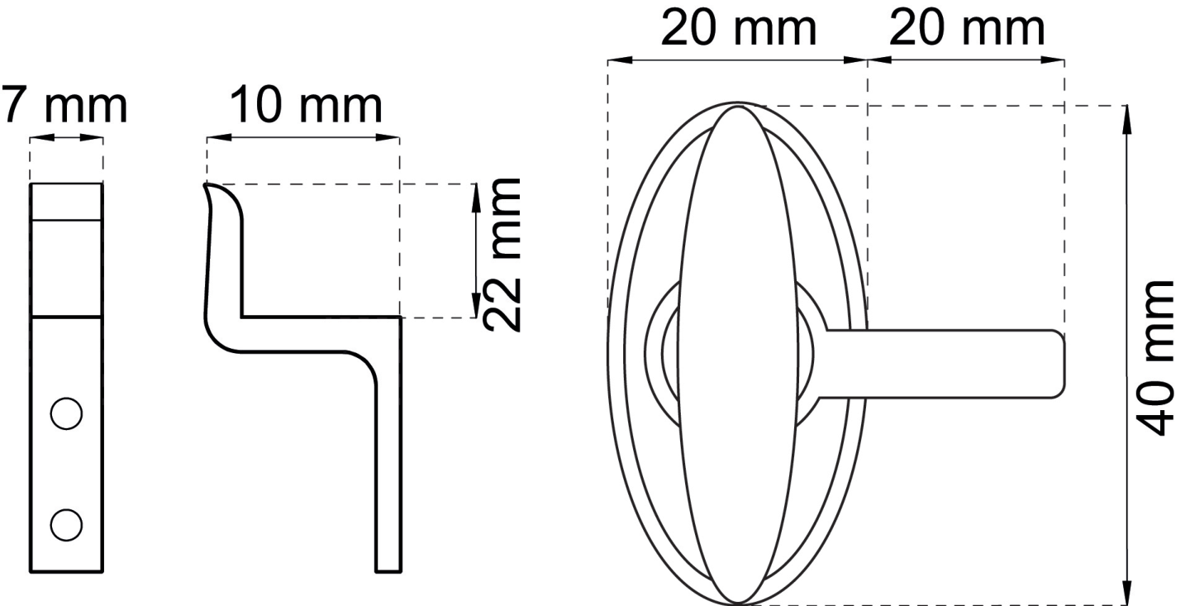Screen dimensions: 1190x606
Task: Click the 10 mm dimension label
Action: pyautogui.click(x=306, y=105)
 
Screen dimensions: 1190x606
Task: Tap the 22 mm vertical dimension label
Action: pyautogui.click(x=502, y=255)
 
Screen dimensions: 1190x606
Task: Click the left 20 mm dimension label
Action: pyautogui.click(x=739, y=28)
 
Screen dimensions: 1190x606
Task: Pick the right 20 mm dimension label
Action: pyautogui.click(x=967, y=28)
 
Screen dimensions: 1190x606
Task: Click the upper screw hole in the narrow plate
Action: pyautogui.click(x=66, y=413)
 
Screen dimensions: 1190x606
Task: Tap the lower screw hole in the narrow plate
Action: pyautogui.click(x=66, y=525)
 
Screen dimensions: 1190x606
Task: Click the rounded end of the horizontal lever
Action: pyautogui.click(x=1060, y=364)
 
